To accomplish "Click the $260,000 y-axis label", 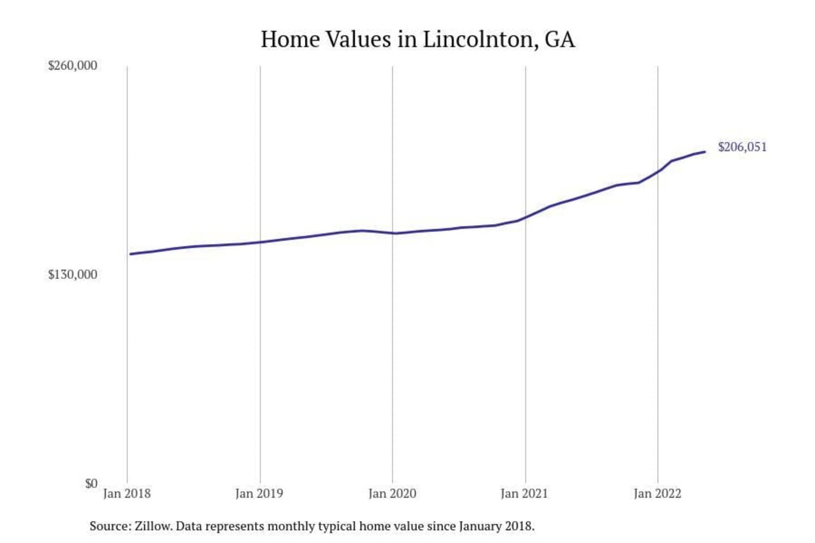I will pyautogui.click(x=72, y=66).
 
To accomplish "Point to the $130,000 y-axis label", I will pyautogui.click(x=72, y=275).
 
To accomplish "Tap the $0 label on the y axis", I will pyautogui.click(x=91, y=484).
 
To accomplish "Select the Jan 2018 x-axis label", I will pyautogui.click(x=127, y=494).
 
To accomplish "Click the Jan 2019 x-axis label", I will pyautogui.click(x=259, y=494).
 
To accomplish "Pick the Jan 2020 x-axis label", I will pyautogui.click(x=392, y=494).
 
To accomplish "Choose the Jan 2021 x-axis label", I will pyautogui.click(x=525, y=494).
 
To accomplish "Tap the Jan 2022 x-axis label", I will pyautogui.click(x=657, y=494).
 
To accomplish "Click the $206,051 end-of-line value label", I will pyautogui.click(x=742, y=147).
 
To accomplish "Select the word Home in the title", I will pyautogui.click(x=290, y=40).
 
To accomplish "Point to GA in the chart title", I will pyautogui.click(x=560, y=40).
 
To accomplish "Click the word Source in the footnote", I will pyautogui.click(x=109, y=526).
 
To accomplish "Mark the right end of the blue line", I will pyautogui.click(x=705, y=152).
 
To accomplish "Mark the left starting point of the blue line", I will pyautogui.click(x=130, y=254).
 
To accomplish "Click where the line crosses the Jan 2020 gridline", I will pyautogui.click(x=393, y=233).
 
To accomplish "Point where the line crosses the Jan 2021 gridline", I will pyautogui.click(x=525, y=217).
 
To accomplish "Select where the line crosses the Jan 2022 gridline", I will pyautogui.click(x=658, y=171).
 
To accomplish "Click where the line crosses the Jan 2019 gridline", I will pyautogui.click(x=260, y=242).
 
